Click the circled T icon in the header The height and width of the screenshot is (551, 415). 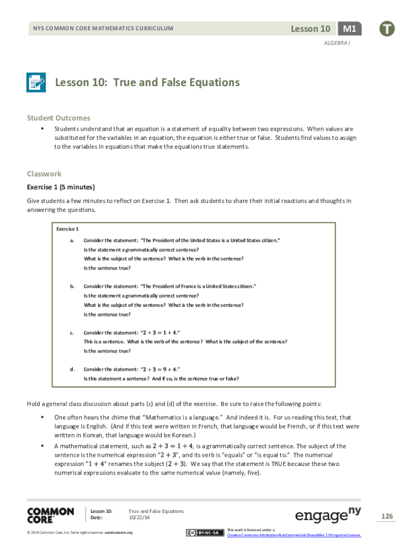click(386, 29)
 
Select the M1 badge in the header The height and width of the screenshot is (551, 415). click(350, 29)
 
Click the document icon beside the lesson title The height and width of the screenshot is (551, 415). click(36, 83)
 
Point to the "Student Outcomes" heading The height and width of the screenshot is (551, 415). click(59, 118)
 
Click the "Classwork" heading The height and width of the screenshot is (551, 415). click(44, 174)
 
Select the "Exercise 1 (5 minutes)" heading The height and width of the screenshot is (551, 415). click(61, 187)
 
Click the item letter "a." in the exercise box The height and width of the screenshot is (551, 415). click(72, 240)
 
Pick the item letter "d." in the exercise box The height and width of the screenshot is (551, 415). click(72, 369)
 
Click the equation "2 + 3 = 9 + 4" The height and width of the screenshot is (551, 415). click(160, 370)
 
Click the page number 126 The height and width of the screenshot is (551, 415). click(387, 517)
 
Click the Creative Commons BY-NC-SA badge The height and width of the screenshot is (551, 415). click(205, 533)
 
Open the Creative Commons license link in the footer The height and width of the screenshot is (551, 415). click(294, 535)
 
